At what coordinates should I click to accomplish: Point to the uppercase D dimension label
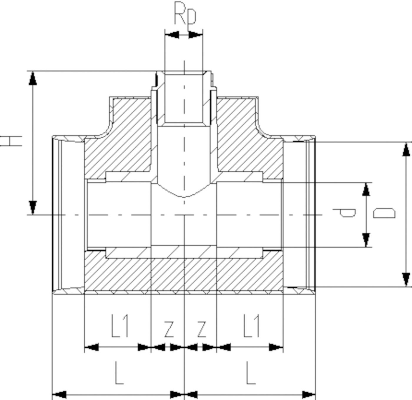coord(384,213)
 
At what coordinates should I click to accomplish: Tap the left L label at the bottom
coord(119,373)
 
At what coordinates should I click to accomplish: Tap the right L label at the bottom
coord(250,373)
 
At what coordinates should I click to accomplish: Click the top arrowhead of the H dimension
coord(33,78)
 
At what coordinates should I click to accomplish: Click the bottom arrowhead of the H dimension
coord(33,207)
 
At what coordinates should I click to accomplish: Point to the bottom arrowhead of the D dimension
coord(406,279)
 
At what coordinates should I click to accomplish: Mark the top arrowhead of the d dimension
coord(366,189)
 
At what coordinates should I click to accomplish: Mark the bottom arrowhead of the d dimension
coord(366,240)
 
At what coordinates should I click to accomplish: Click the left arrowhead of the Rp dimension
coord(172,35)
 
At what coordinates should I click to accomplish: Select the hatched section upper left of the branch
coord(124,138)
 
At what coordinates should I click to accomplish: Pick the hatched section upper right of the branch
coord(244,138)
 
